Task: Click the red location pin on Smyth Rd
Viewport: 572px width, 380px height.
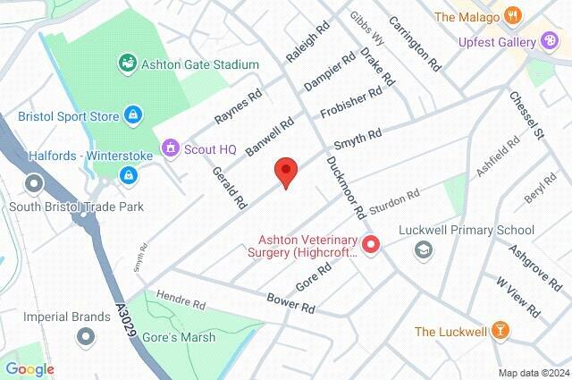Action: pos(285,170)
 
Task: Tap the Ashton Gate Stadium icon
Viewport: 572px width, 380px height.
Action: pos(127,64)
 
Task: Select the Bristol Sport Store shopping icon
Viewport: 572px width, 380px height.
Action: pos(132,114)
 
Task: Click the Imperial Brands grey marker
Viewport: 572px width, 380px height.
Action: pos(86,336)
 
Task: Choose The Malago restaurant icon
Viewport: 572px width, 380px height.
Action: pos(512,15)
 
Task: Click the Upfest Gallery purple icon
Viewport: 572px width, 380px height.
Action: pos(549,40)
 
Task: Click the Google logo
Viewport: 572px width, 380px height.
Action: pos(29,368)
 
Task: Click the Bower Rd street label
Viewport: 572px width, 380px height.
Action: pos(291,302)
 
